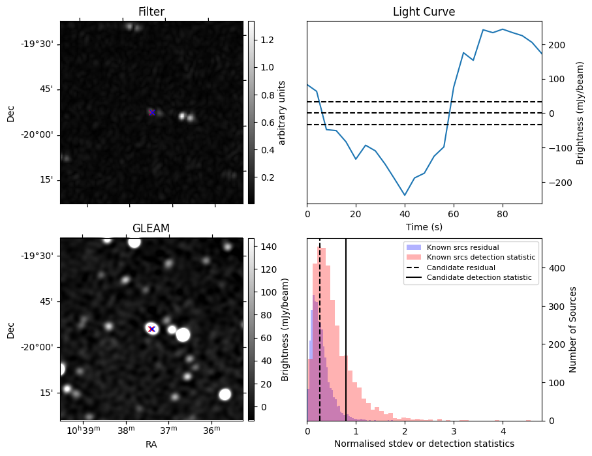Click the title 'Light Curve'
coord(424,12)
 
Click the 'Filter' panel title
coord(151,12)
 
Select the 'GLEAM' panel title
coord(151,228)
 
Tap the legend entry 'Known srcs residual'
coord(462,248)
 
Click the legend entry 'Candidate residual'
coord(461,268)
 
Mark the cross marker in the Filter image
coord(152,112)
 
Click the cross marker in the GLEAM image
coord(152,329)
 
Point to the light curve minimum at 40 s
coord(405,195)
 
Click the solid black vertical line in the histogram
coord(346,326)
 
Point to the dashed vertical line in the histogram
coord(320,326)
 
